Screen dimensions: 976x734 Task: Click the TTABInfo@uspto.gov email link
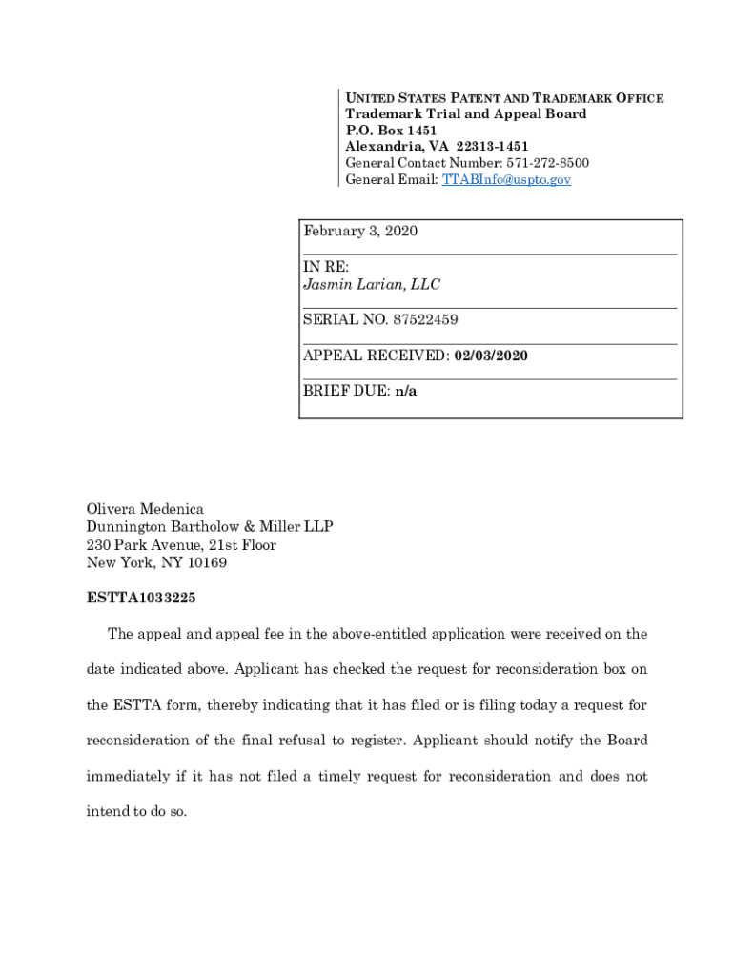point(506,179)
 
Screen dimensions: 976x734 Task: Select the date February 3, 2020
point(360,232)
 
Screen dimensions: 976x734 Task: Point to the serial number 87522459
point(422,320)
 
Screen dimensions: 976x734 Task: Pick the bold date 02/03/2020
point(491,356)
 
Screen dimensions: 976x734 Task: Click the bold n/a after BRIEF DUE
point(406,392)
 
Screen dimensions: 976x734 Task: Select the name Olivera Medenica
point(145,510)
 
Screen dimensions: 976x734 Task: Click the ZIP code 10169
point(208,563)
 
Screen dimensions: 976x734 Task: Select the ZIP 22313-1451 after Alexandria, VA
point(492,146)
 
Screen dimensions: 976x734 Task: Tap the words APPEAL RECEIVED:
point(376,356)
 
